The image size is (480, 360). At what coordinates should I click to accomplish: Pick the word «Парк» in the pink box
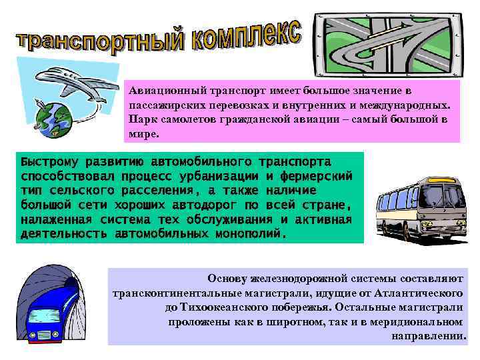141,119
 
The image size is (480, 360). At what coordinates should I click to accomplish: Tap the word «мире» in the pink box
143,133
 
